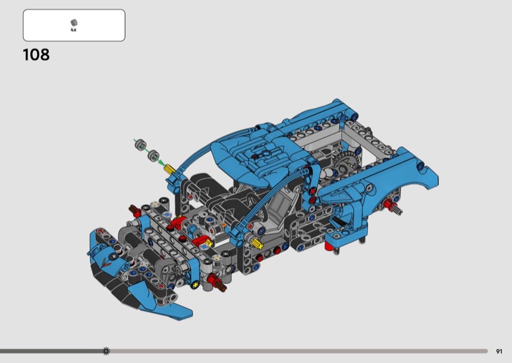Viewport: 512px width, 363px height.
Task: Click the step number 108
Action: (36, 54)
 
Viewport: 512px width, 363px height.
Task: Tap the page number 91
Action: (499, 351)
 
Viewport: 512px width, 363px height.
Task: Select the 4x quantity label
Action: (74, 29)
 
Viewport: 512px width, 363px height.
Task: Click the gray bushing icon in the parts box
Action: (74, 22)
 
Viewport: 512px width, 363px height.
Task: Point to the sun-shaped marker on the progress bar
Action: (106, 351)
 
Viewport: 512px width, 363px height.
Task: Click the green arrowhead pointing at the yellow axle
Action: (161, 162)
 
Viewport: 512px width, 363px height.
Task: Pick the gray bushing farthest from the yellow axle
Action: (140, 144)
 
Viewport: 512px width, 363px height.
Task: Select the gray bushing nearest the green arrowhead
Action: (153, 155)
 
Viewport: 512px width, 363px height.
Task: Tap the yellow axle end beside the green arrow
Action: (169, 169)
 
